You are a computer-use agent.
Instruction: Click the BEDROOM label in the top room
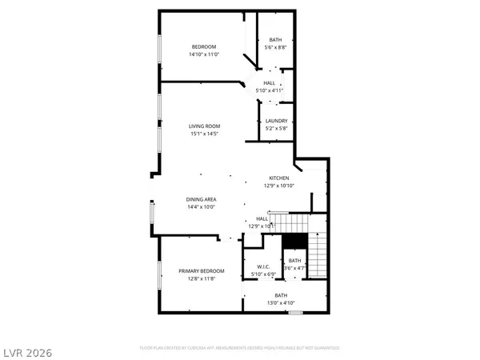coord(204,46)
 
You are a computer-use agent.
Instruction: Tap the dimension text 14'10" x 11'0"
coord(204,54)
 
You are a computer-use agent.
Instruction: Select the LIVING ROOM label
coord(204,126)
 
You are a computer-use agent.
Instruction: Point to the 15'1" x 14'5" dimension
coord(204,134)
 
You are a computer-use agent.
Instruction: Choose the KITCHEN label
coord(278,178)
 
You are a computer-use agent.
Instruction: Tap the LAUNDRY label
coord(276,121)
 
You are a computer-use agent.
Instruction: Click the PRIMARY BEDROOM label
coord(201,271)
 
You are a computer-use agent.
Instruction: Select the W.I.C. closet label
coord(263,266)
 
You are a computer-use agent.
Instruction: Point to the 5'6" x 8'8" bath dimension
coord(275,48)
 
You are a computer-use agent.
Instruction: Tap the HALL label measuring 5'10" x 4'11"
coord(270,82)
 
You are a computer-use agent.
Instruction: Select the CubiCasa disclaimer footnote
coord(240,348)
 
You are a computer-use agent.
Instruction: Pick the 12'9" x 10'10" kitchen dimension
coord(278,186)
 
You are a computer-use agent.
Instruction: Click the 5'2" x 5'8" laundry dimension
coord(276,129)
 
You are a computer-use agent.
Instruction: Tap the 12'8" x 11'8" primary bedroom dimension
coord(201,279)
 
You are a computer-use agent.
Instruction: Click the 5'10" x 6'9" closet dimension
coord(263,274)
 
